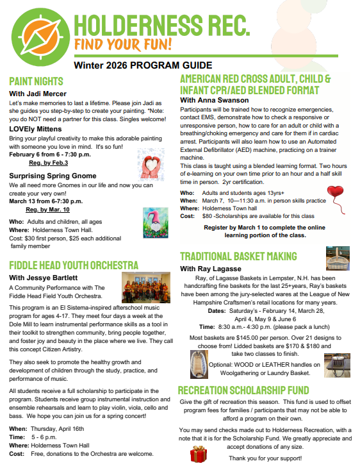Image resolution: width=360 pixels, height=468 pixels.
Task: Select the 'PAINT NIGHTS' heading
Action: [x=37, y=81]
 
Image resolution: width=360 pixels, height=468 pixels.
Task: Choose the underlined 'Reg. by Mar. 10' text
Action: [x=47, y=209]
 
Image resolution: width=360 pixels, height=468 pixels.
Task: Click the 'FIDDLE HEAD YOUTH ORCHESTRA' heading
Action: [x=74, y=265]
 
